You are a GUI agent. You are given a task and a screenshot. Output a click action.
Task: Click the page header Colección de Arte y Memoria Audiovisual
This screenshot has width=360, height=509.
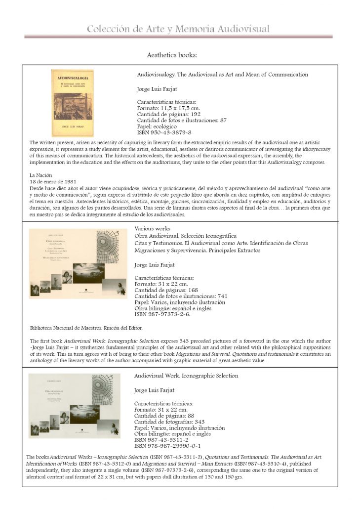[178, 29]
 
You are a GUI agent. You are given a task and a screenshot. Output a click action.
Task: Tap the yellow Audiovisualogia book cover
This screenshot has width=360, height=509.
[73, 103]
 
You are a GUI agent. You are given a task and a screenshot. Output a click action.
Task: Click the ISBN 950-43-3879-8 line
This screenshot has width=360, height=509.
[163, 132]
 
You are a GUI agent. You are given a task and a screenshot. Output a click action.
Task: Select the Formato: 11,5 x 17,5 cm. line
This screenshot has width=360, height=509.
[168, 108]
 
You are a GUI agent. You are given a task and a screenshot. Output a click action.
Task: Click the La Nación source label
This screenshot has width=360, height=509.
[40, 175]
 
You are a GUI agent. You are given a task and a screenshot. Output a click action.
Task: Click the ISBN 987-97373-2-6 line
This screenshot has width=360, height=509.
[162, 314]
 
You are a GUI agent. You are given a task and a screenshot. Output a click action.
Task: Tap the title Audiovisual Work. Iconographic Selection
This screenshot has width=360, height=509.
[186, 376]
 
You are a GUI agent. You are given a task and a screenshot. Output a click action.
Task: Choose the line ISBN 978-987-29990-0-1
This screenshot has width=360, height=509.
[167, 446]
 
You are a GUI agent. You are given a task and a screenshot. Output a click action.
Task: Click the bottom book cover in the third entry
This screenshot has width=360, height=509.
[74, 406]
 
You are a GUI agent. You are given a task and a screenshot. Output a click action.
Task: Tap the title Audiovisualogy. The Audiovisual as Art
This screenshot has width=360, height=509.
[222, 75]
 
